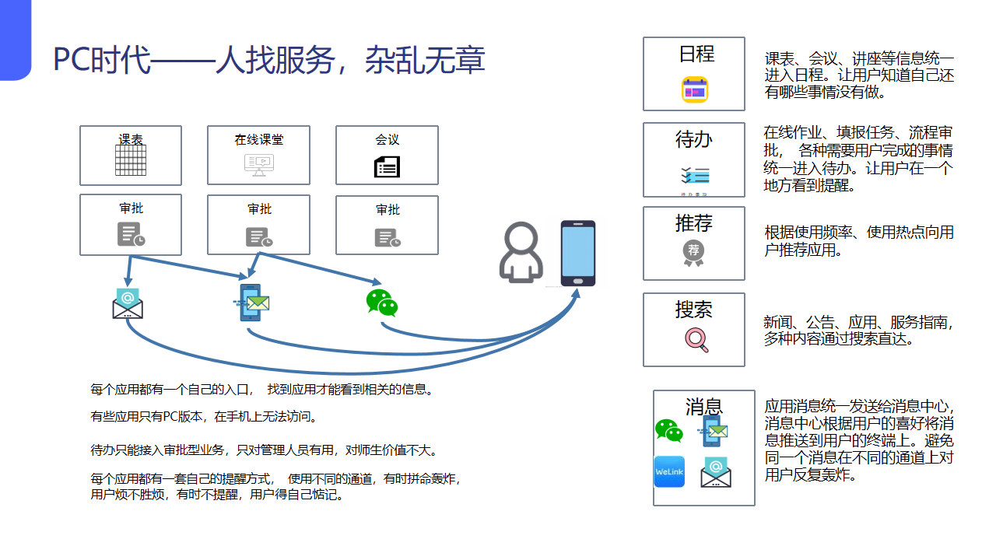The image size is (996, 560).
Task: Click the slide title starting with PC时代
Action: tap(269, 60)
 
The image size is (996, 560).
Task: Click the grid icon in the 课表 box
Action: tap(131, 162)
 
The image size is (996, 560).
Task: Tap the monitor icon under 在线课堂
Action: tap(259, 164)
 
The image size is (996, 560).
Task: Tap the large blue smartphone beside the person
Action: tap(578, 254)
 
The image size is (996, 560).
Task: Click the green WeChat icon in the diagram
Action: tap(382, 303)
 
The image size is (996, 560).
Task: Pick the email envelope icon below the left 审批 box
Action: tap(128, 303)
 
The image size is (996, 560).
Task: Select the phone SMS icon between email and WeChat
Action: tap(251, 303)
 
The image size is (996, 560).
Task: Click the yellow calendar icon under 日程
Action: tap(694, 90)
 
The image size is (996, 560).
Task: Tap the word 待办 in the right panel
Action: tap(694, 140)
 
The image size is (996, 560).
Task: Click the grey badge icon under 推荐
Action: tap(693, 251)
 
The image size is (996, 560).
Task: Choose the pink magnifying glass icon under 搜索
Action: tap(696, 340)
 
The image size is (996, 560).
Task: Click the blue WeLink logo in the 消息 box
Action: tap(669, 472)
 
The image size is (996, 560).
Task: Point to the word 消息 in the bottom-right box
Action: tap(704, 406)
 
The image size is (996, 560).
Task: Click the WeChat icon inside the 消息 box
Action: tap(668, 430)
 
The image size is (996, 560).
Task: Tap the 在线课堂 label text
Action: tap(259, 140)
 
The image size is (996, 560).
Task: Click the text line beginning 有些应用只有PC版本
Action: tap(205, 417)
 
